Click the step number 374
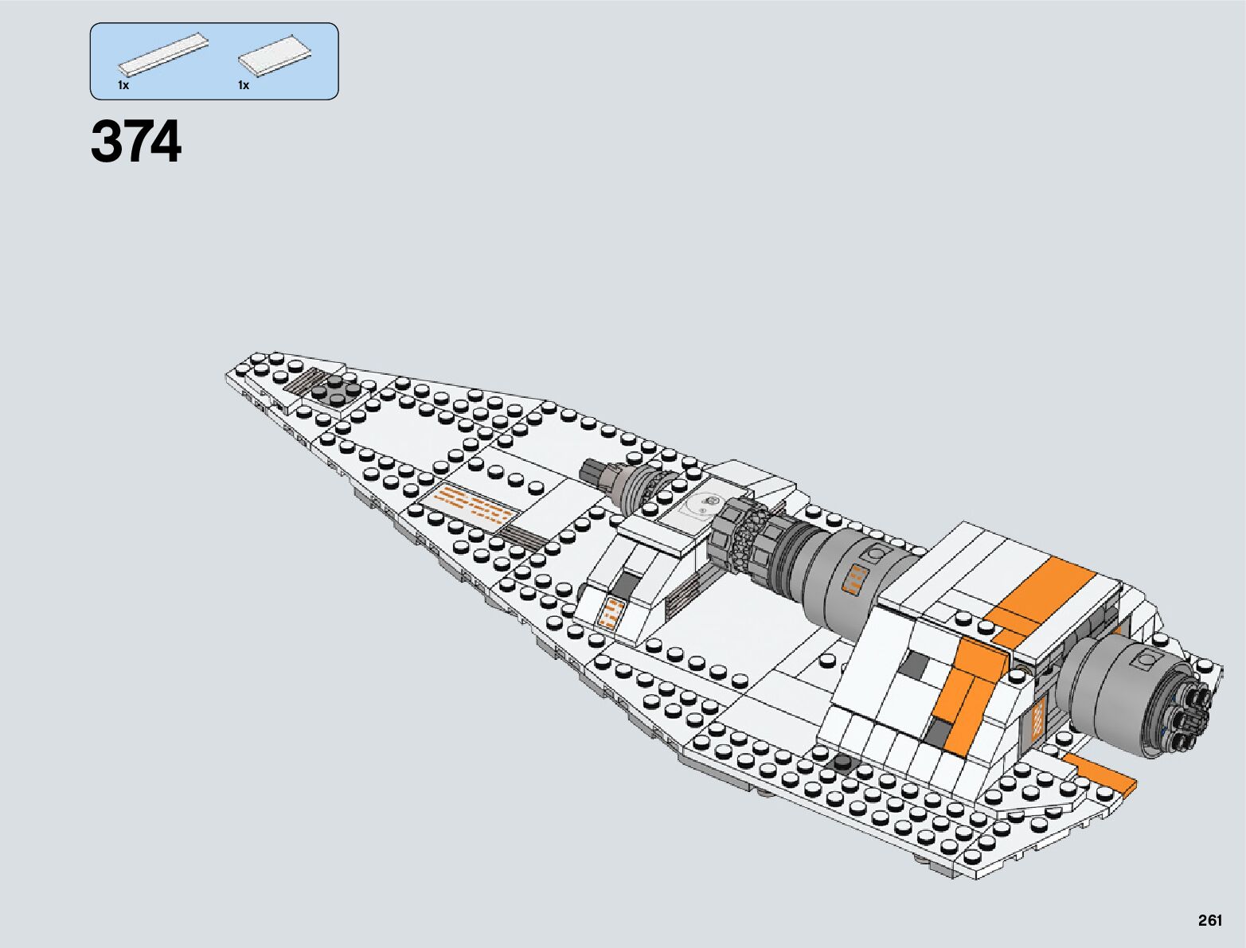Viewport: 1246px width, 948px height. pos(136,143)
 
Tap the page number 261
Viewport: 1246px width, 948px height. pos(1209,921)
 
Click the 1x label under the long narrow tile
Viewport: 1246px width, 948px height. pos(123,85)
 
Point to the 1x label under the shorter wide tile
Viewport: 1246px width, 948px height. pos(243,85)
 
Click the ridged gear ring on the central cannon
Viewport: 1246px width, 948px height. pos(738,534)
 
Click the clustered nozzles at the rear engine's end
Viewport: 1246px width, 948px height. pos(1191,712)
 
